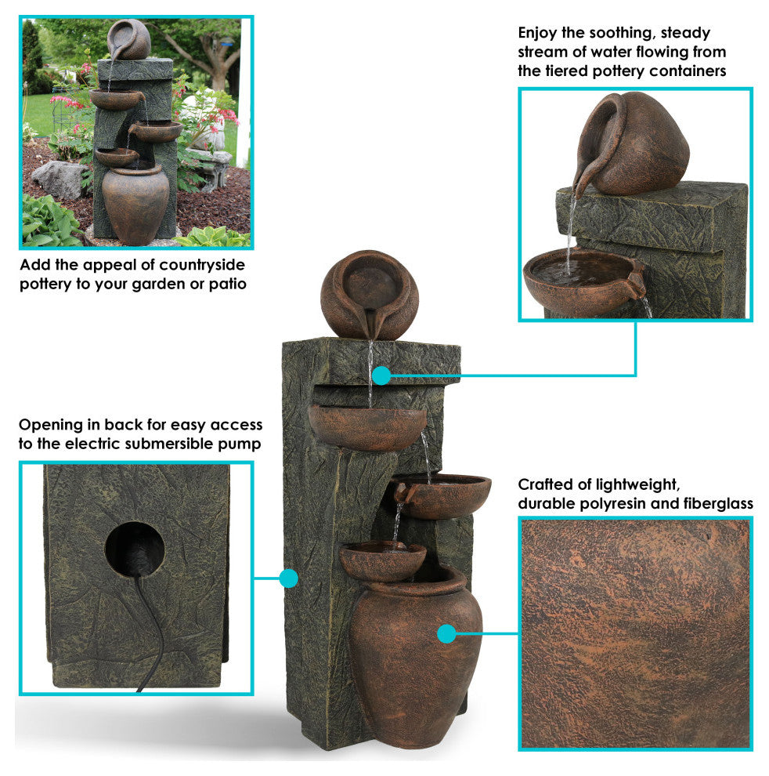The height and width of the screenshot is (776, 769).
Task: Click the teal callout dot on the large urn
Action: click(446, 633)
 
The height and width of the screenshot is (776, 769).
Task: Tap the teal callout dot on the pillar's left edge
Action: click(288, 578)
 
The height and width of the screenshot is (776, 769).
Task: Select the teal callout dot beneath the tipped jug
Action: click(381, 375)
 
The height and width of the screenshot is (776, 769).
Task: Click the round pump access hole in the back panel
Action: click(134, 549)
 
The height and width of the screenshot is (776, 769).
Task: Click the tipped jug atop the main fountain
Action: click(370, 295)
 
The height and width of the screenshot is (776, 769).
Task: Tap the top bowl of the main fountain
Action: click(367, 427)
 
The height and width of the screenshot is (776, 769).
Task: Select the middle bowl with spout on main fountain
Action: click(442, 495)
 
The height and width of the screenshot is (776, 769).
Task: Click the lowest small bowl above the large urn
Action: click(382, 561)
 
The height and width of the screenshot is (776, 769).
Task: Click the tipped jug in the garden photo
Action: click(128, 40)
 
